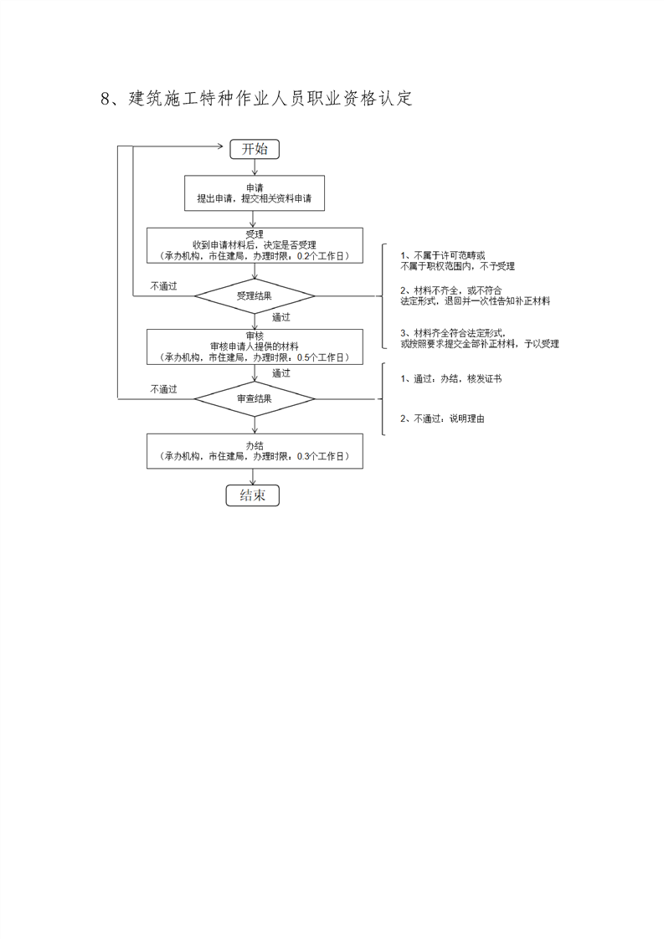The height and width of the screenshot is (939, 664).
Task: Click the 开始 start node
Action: coord(255,149)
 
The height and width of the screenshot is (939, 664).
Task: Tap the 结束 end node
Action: coord(253,495)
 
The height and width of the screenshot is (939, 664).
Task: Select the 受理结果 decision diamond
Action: coord(255,295)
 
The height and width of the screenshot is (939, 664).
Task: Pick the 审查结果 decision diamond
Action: coord(255,398)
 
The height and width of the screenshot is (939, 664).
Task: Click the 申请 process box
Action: coord(255,192)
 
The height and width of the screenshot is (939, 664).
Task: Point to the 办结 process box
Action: coord(255,451)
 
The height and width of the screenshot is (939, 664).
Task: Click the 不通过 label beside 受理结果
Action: coord(164,286)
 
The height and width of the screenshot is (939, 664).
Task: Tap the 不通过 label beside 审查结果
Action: coord(164,389)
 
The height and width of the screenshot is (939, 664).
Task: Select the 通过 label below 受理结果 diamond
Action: coord(281,318)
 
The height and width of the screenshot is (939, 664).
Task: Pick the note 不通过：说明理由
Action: coord(441,418)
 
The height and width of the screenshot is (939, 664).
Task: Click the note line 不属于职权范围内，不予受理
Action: coord(457,266)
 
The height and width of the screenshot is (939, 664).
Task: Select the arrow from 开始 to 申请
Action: coord(255,167)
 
